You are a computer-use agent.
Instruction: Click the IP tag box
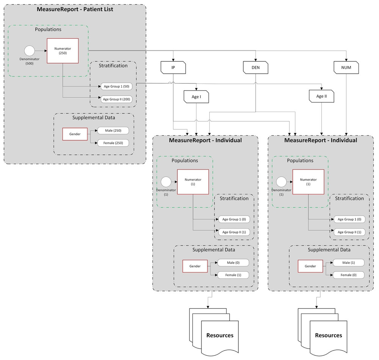173,68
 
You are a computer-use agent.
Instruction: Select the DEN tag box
256,68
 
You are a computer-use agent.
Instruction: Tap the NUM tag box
346,68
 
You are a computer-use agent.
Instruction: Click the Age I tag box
196,97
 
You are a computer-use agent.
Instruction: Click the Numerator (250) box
63,51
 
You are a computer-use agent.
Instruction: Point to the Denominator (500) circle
29,51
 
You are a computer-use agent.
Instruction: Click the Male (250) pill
113,131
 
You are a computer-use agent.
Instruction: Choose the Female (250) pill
113,143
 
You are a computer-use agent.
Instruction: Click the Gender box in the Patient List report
75,134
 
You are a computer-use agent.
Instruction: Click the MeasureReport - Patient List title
75,9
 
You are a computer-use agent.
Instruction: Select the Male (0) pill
233,263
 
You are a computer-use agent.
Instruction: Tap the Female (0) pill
348,275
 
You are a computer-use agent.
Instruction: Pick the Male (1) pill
348,263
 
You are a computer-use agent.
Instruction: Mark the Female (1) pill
233,275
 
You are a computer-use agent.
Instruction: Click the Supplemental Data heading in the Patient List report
94,117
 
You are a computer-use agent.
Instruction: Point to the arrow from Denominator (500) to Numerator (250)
41,51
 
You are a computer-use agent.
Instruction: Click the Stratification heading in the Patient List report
113,66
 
